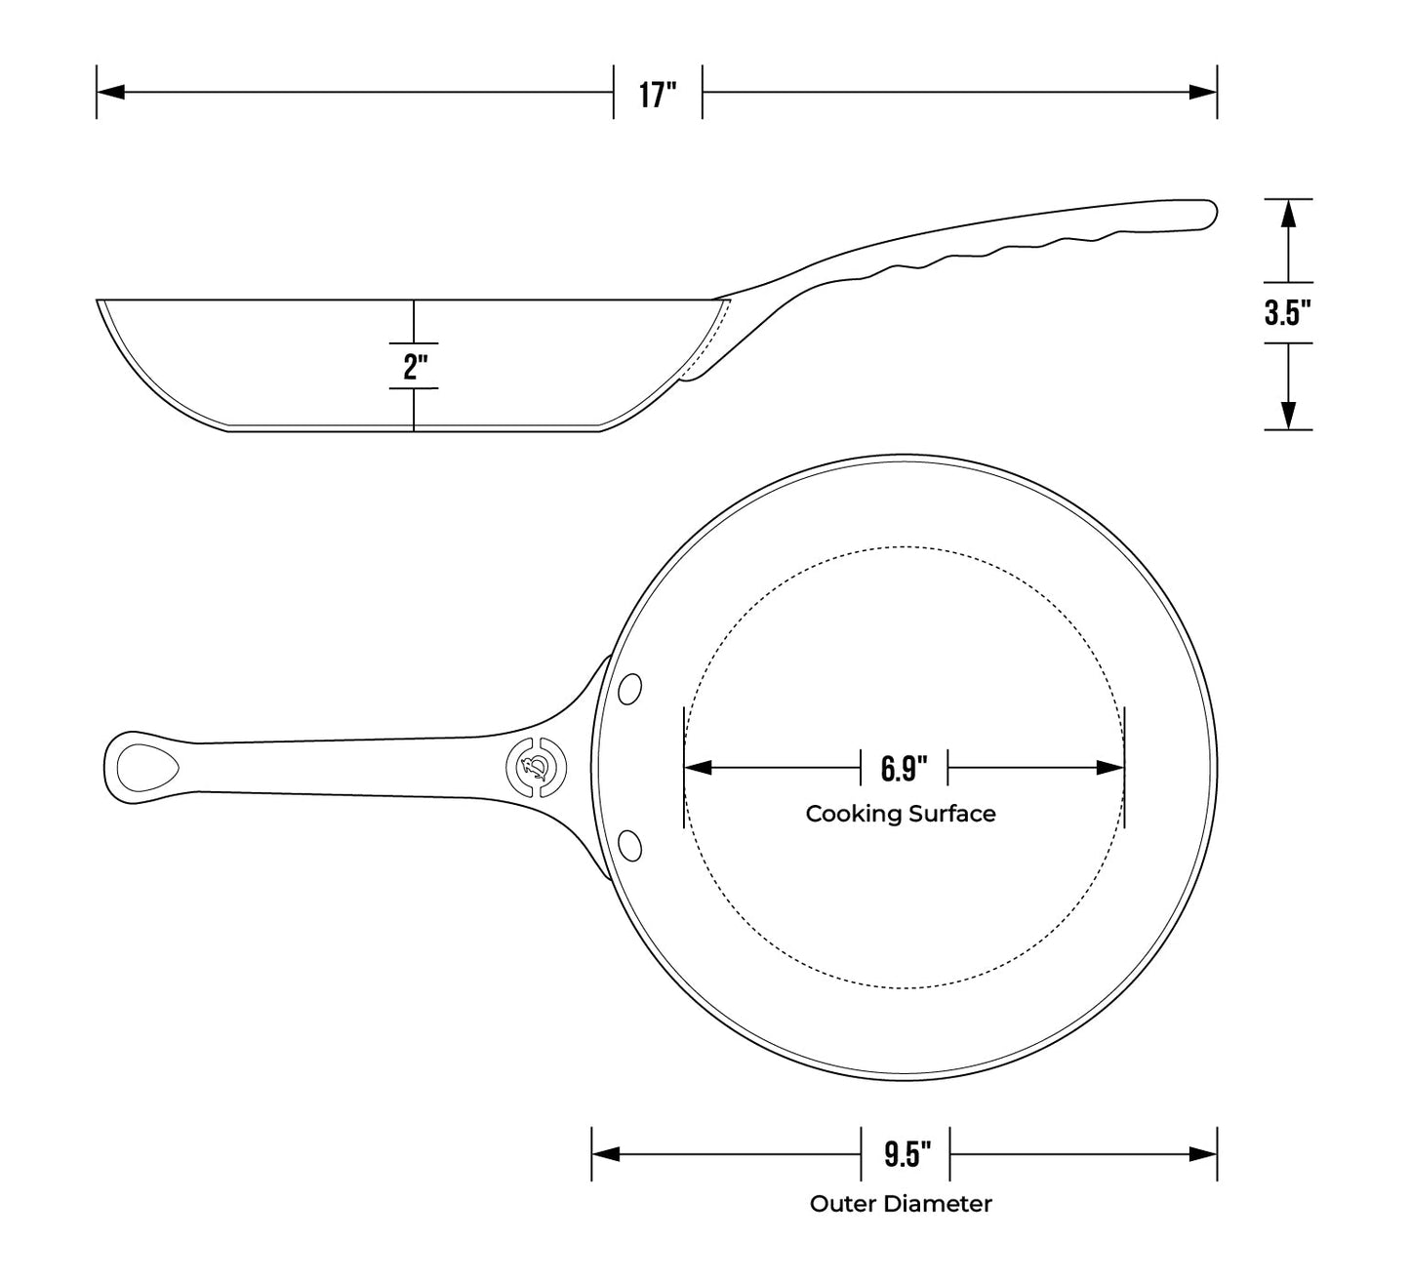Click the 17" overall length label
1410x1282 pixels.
[658, 95]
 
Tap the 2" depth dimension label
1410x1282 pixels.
[415, 367]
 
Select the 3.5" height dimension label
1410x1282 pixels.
[1288, 313]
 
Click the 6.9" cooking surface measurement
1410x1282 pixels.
[904, 768]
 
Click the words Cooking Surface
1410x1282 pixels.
[900, 814]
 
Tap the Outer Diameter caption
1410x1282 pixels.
[900, 1204]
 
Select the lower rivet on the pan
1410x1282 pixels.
[630, 844]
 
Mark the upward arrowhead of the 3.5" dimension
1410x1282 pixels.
[1289, 212]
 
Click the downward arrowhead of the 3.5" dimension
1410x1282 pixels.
[1289, 417]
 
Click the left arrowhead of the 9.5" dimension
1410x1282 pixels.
[606, 1154]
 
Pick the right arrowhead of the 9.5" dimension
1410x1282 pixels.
[1204, 1154]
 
